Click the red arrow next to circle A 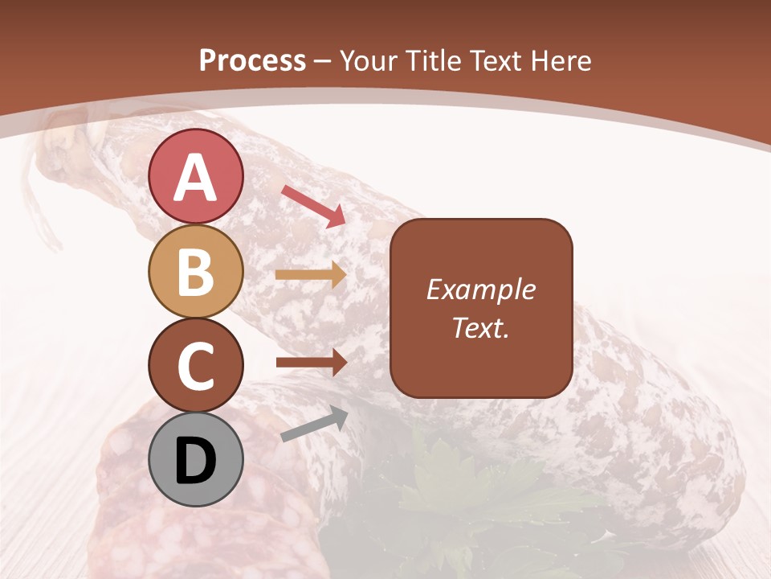[x=313, y=205]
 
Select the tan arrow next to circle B [x=311, y=275]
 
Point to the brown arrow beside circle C [x=311, y=363]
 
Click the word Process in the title [x=252, y=61]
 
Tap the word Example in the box [x=481, y=289]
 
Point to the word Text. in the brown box [x=481, y=327]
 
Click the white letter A [x=196, y=176]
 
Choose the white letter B [x=196, y=271]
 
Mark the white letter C [x=196, y=366]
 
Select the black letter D [x=196, y=461]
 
